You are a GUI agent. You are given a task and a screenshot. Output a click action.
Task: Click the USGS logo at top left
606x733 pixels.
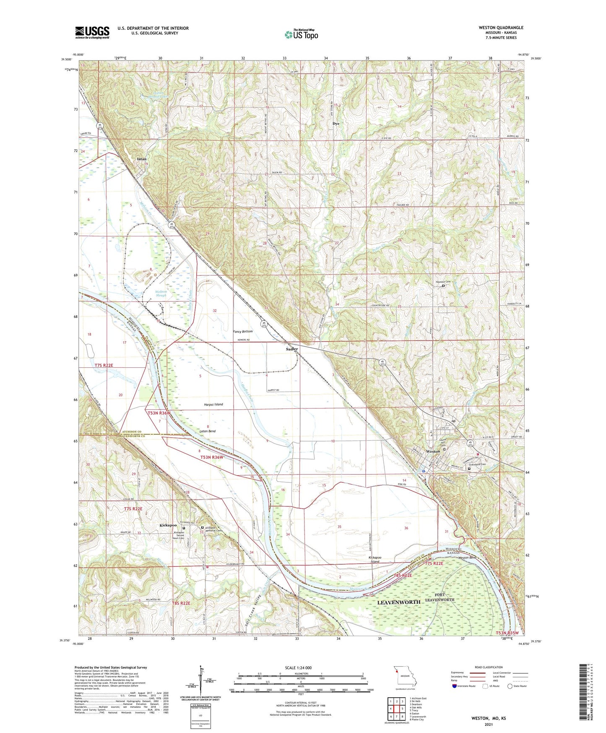point(92,32)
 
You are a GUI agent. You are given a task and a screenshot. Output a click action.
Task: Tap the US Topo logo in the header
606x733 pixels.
point(301,34)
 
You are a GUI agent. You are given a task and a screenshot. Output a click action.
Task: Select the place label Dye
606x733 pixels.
point(336,124)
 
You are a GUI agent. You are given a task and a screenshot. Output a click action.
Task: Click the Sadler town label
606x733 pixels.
point(292,349)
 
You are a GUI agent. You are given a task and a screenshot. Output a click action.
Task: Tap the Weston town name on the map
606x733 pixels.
point(432,451)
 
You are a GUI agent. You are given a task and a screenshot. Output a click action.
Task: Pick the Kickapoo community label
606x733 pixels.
point(168,525)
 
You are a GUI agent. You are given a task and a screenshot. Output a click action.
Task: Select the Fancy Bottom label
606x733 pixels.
point(243,332)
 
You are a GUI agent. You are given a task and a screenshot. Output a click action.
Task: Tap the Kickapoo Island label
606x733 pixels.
point(374,560)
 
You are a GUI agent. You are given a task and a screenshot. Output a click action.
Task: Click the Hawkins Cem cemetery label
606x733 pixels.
point(442,282)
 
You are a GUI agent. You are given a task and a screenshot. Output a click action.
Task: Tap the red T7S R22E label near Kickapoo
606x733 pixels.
point(133,509)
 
